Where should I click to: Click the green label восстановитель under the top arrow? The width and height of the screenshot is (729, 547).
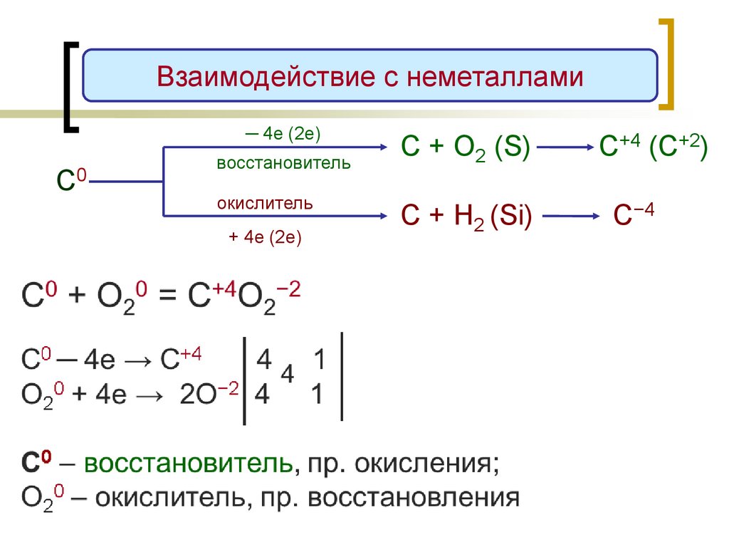click(x=283, y=164)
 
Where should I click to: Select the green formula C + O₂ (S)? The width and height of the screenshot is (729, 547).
click(x=465, y=149)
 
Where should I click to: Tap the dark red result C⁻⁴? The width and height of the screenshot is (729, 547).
click(x=634, y=215)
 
